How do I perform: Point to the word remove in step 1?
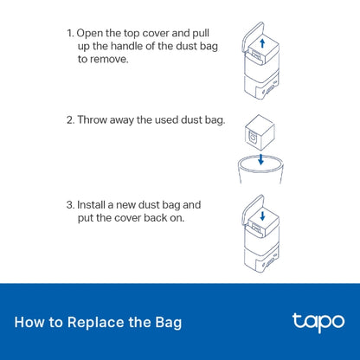[112, 61]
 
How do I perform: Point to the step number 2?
[69, 119]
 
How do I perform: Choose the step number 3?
[69, 205]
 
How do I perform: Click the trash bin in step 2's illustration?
[260, 172]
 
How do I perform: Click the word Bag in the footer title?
[167, 324]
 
